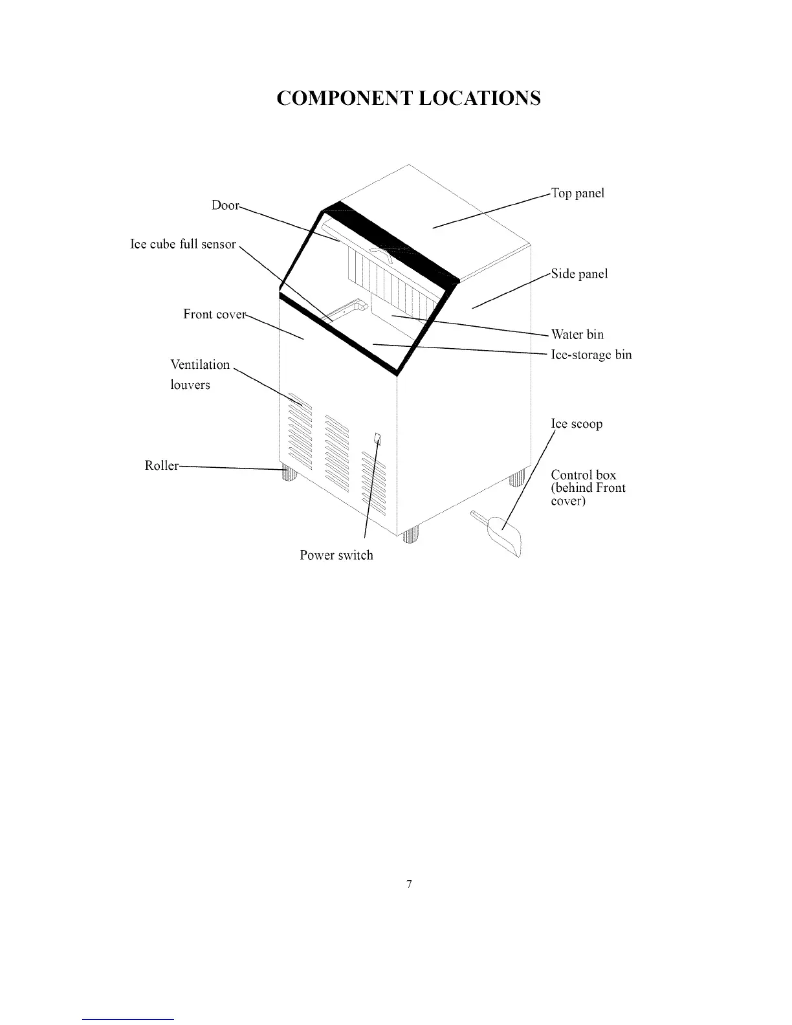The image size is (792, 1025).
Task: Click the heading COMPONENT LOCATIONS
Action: pos(408,98)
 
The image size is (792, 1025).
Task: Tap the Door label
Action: pos(225,205)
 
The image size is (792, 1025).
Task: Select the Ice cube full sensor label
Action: pos(183,245)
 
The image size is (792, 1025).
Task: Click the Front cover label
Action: pos(214,314)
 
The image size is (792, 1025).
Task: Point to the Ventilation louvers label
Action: pos(199,375)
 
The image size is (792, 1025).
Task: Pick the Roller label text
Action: pos(161,466)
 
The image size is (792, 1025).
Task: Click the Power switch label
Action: pos(336,555)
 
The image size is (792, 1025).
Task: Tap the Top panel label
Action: pos(577,193)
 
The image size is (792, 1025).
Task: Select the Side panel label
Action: pos(579,274)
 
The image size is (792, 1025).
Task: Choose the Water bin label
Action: pos(577,335)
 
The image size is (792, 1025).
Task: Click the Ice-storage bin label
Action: pos(591,355)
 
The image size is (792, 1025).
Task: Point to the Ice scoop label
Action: pos(577,424)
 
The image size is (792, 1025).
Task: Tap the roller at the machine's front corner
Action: pos(411,535)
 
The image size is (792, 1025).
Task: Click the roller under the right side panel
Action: pos(516,479)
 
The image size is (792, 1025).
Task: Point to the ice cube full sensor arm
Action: pos(347,309)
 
